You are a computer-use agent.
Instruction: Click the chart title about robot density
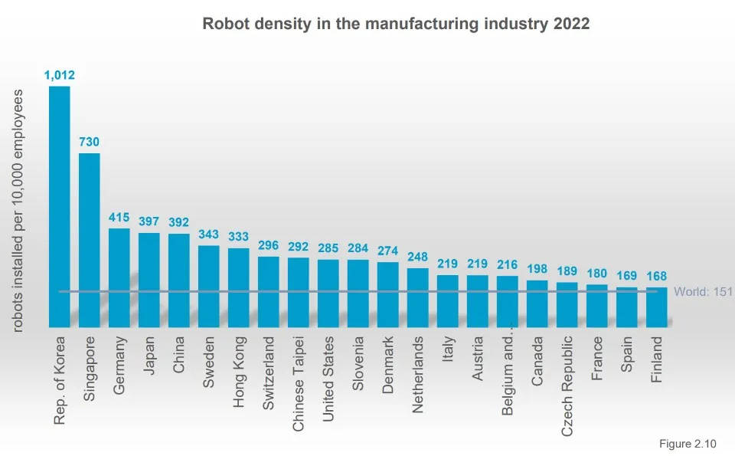click(396, 24)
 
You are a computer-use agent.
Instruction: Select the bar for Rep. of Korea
click(60, 207)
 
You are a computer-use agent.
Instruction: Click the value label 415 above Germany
click(119, 217)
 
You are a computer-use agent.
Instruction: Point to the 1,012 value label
click(59, 75)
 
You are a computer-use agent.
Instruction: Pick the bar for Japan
click(149, 280)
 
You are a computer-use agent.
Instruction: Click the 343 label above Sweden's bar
click(209, 234)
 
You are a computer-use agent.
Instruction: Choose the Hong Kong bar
click(239, 287)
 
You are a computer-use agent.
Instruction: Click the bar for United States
click(328, 294)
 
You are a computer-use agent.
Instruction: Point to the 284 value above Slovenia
click(358, 248)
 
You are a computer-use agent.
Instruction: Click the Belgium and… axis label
click(508, 376)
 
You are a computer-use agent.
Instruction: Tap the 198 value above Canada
click(537, 269)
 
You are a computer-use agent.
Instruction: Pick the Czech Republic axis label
click(567, 385)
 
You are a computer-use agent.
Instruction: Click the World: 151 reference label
click(703, 292)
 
